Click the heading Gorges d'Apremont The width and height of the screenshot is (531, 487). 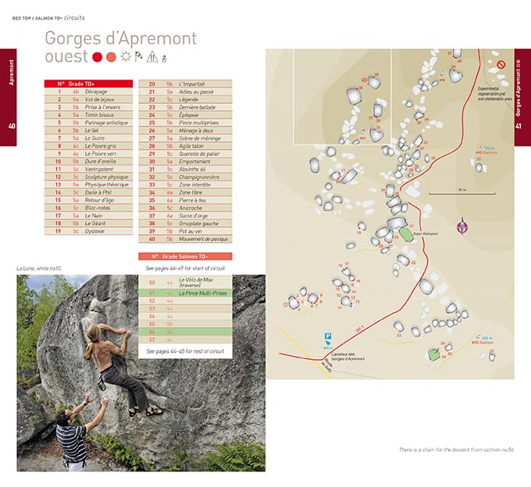[x=120, y=38]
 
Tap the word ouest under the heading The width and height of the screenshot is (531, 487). [x=66, y=57]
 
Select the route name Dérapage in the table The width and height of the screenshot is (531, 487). [x=97, y=91]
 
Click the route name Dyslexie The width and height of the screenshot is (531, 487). [x=94, y=231]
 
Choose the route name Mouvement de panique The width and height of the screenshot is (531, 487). [x=203, y=239]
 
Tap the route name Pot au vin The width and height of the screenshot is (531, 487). [x=191, y=231]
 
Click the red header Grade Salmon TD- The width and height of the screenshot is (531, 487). [x=185, y=256]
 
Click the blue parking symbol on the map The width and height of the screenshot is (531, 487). [x=326, y=337]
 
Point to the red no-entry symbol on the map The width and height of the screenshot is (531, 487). [x=501, y=63]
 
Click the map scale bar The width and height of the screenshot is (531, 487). [x=452, y=192]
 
